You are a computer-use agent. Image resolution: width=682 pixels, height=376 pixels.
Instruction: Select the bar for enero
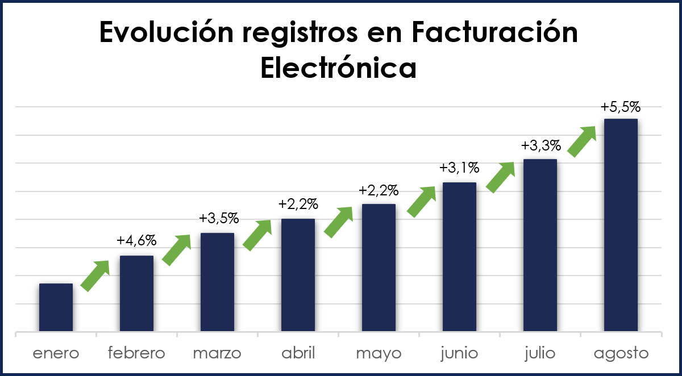56,307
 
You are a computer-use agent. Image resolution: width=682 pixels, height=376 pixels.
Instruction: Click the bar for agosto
621,225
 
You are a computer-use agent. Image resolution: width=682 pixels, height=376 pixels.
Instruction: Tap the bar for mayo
379,268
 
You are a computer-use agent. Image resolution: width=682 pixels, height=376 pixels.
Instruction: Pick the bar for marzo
217,282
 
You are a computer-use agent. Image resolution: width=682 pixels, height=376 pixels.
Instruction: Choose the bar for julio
540,245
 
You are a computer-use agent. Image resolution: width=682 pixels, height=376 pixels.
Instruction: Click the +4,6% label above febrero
136,240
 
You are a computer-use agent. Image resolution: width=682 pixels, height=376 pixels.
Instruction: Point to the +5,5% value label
621,106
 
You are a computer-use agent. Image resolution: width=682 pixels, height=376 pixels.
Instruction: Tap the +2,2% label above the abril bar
298,204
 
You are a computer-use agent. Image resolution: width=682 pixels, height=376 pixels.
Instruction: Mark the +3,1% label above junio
459,168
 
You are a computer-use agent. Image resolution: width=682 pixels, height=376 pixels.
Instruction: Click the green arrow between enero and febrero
95,275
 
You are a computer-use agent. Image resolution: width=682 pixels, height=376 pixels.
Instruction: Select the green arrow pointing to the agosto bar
583,141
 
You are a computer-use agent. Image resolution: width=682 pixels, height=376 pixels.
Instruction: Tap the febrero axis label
136,353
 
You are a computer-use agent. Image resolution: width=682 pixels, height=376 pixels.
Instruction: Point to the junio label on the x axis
459,353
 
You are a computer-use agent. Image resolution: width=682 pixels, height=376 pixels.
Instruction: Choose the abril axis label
298,353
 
